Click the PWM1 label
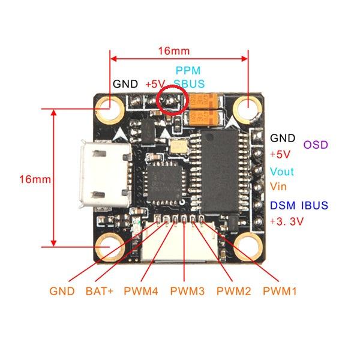280,292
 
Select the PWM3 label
187,292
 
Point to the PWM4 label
141,292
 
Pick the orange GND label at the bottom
62,292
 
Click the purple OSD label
316,145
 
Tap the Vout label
282,172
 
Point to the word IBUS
315,206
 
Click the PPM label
187,71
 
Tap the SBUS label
188,83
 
